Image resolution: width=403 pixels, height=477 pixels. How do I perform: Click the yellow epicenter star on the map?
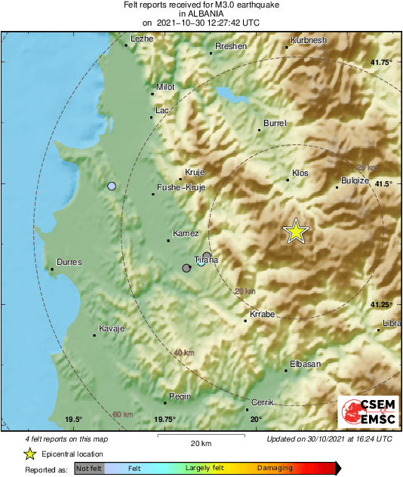coord(297,232)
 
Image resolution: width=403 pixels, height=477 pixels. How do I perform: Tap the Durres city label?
coord(69,262)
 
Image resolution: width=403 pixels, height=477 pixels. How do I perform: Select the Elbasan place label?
coord(306,364)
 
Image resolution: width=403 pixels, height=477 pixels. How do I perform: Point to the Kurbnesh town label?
coord(310,39)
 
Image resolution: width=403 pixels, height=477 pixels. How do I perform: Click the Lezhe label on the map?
coord(142,38)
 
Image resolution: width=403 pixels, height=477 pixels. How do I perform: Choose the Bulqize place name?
coord(355,180)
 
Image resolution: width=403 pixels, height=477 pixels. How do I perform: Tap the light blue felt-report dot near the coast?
coord(112,186)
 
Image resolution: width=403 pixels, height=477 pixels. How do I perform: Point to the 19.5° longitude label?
coord(72,420)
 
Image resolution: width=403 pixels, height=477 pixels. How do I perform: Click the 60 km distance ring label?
coord(122,414)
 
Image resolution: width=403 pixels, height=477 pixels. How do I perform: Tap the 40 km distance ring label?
coord(184,352)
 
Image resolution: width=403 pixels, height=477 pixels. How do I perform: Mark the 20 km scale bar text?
coord(200,443)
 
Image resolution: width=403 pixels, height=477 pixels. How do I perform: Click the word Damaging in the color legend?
coord(274,468)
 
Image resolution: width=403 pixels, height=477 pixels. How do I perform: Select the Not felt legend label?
coord(89,468)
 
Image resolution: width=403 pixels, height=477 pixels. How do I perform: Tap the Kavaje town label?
coord(111,330)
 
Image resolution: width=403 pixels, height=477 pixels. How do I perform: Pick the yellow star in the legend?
coord(29,454)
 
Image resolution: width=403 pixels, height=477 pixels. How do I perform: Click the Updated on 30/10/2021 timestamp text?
coord(329,439)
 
